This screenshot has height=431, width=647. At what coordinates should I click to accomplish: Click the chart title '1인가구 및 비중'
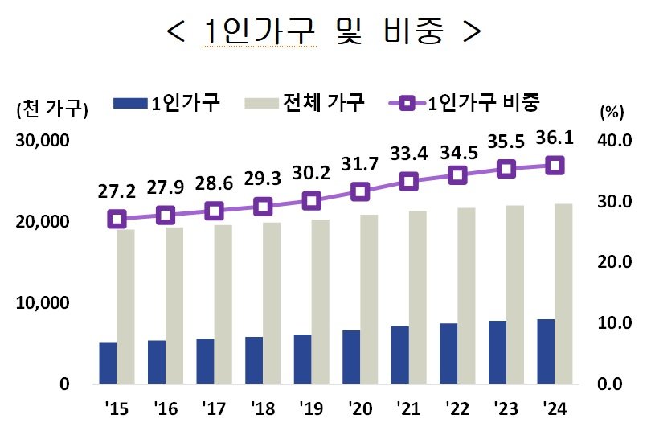pyautogui.click(x=323, y=32)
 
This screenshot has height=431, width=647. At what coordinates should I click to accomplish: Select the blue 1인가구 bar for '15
pyautogui.click(x=108, y=363)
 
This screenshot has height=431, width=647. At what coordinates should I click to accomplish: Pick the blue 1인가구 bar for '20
pyautogui.click(x=351, y=357)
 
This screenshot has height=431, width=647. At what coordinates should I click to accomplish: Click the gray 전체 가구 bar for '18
pyautogui.click(x=271, y=303)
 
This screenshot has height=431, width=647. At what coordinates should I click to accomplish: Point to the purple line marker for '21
pyautogui.click(x=409, y=181)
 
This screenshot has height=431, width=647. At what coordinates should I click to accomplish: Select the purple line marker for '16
pyautogui.click(x=166, y=215)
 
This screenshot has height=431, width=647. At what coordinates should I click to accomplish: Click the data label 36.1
pyautogui.click(x=554, y=140)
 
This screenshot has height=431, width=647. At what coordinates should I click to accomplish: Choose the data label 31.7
pyautogui.click(x=360, y=166)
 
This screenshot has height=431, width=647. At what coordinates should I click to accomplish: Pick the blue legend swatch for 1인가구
pyautogui.click(x=130, y=103)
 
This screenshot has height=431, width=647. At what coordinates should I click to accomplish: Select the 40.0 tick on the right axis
pyautogui.click(x=613, y=141)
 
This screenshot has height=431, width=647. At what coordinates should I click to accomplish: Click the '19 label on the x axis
pyautogui.click(x=311, y=408)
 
